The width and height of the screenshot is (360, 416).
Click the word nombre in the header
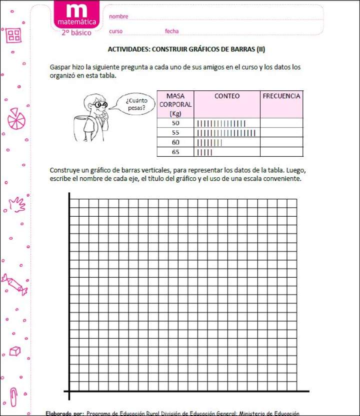click(118, 16)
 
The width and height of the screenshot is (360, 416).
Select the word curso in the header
click(115, 31)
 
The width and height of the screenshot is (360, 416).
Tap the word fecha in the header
click(171, 31)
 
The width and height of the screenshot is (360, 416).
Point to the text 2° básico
click(76, 32)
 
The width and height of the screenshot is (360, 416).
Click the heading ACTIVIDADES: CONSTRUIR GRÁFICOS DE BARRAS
click(186, 49)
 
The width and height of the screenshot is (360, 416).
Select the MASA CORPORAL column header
click(175, 104)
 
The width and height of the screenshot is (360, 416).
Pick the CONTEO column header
click(226, 96)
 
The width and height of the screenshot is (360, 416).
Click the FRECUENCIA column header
click(281, 96)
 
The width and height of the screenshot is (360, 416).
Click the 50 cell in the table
click(175, 123)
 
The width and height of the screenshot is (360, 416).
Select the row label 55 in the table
click(175, 133)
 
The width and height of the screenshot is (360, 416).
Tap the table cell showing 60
click(175, 142)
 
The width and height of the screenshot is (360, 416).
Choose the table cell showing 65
click(175, 152)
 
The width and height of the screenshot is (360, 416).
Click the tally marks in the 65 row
click(205, 152)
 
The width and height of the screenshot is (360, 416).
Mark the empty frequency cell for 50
click(281, 123)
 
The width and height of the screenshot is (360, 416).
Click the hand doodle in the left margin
click(17, 204)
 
